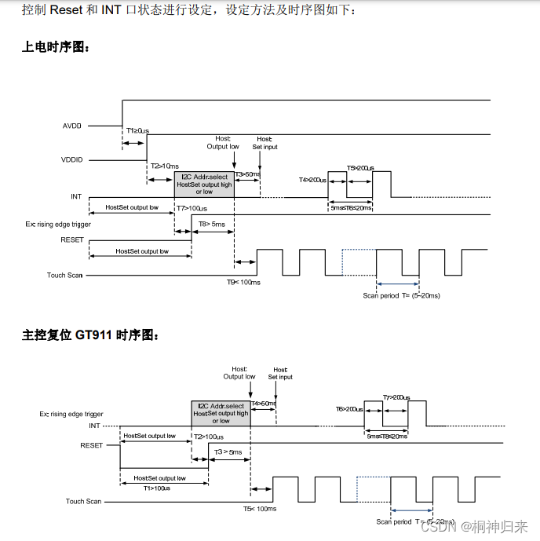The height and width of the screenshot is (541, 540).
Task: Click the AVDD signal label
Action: click(x=72, y=125)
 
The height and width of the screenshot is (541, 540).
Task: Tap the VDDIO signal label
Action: click(x=72, y=159)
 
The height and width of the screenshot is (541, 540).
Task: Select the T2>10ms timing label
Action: click(x=165, y=166)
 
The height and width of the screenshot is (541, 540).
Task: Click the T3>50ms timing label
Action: click(x=248, y=174)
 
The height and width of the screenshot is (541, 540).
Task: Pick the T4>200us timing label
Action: click(x=312, y=180)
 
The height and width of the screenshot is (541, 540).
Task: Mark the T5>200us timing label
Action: click(x=360, y=168)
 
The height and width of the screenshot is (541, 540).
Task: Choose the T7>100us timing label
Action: click(x=192, y=208)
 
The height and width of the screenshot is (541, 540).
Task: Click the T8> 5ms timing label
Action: click(x=211, y=224)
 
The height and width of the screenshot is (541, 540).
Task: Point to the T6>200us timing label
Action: click(x=349, y=408)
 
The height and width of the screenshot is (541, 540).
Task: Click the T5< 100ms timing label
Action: click(x=259, y=509)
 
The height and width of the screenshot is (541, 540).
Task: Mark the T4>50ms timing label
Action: click(x=264, y=403)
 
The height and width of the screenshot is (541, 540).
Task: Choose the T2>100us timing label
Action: click(x=209, y=437)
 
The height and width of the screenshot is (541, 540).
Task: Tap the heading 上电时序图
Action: click(x=56, y=47)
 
